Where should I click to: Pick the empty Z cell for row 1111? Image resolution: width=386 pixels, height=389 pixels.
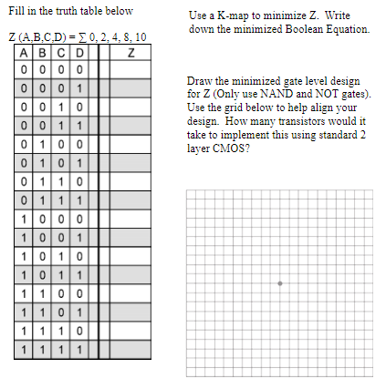point(131,349)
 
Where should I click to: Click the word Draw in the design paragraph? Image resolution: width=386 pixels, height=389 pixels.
point(198,81)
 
